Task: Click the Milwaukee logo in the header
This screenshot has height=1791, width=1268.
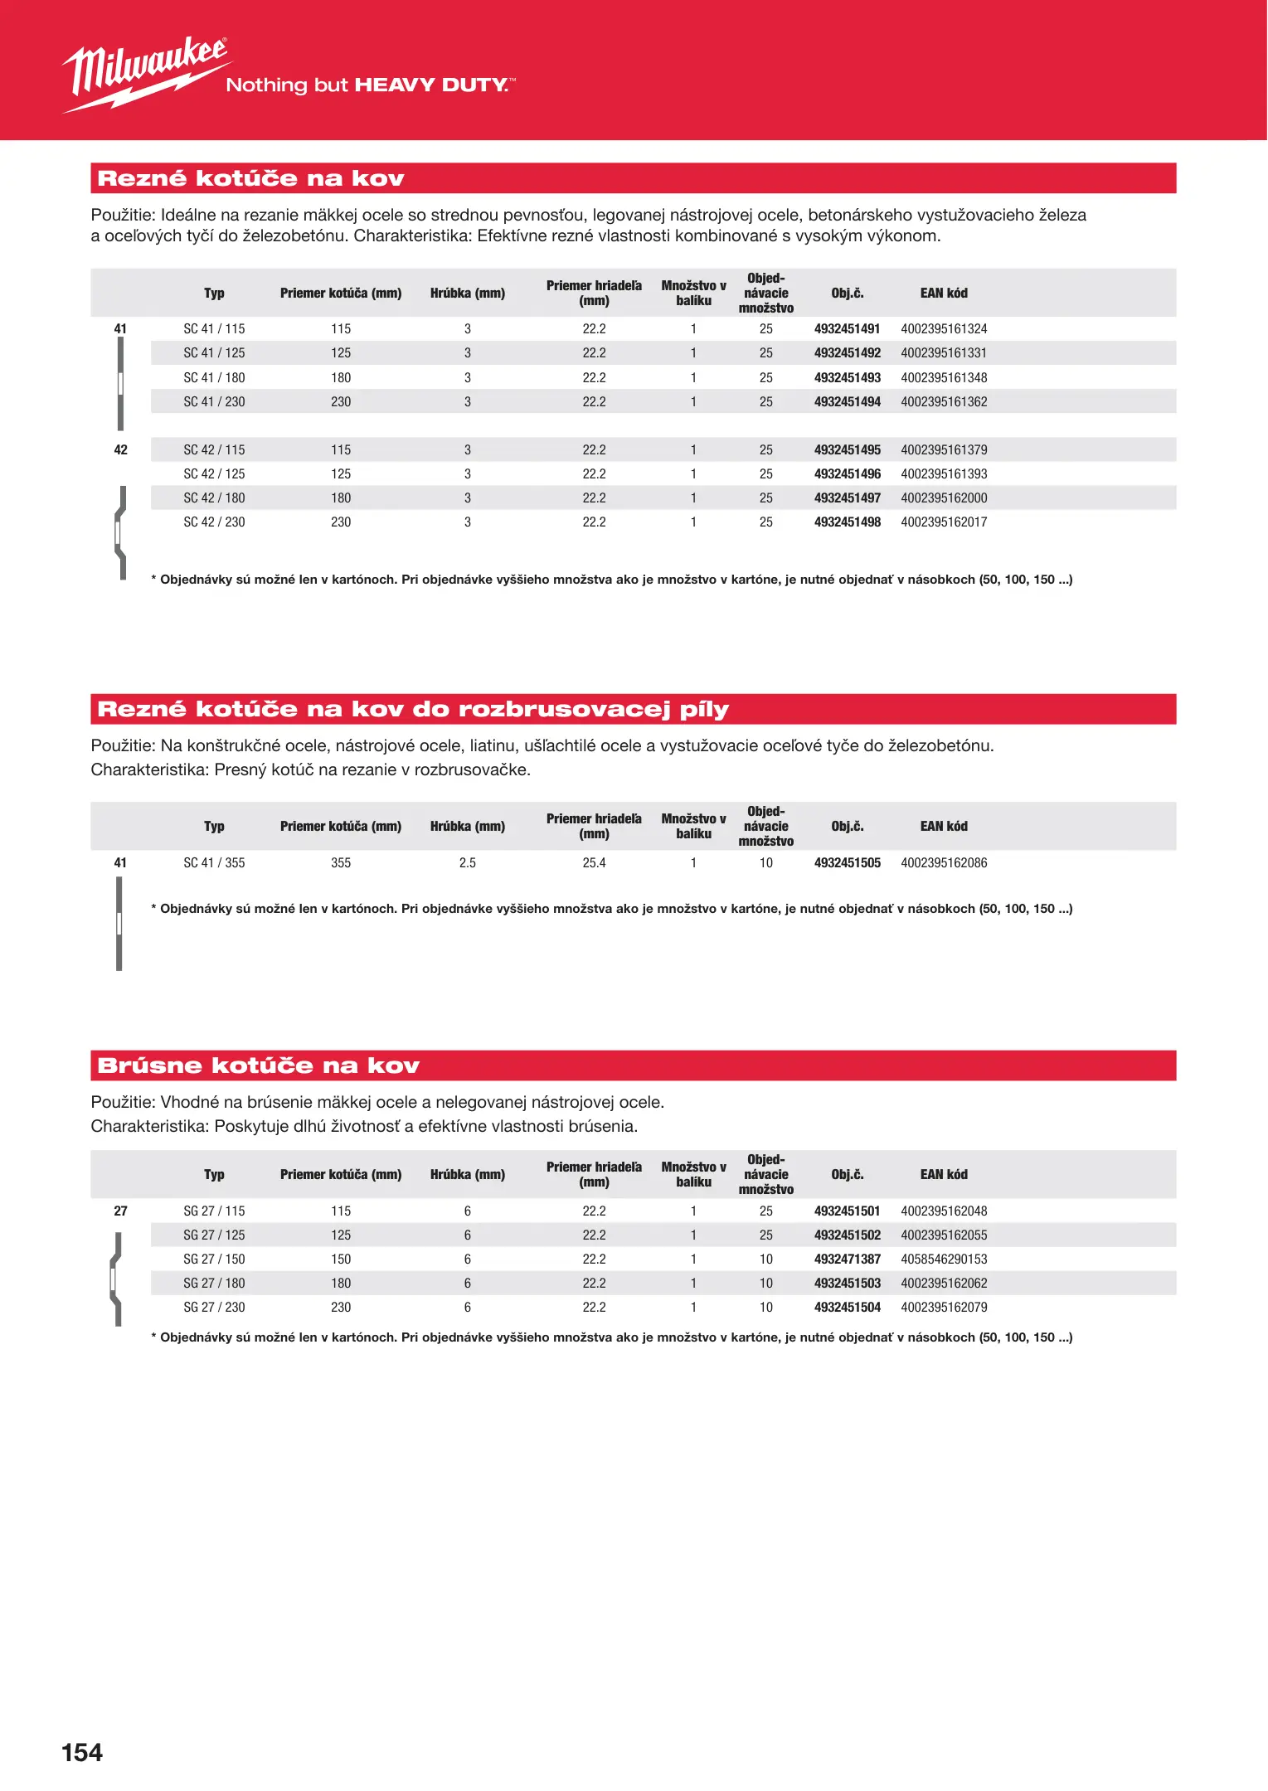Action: coord(145,73)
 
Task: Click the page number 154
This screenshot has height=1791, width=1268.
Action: coord(82,1752)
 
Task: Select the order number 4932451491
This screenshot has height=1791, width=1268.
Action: coord(847,329)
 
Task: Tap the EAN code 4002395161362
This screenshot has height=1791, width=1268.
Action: coord(944,402)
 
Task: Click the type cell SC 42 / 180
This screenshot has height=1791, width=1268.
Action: coord(214,498)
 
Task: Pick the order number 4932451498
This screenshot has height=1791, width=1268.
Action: coord(847,522)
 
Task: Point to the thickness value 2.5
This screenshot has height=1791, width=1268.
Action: coord(468,863)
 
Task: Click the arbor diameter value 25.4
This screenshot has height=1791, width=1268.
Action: coord(594,863)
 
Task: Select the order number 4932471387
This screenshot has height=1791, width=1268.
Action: coord(847,1260)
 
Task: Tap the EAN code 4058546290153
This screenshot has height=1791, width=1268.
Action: coord(944,1260)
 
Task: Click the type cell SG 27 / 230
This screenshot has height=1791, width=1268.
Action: coord(214,1308)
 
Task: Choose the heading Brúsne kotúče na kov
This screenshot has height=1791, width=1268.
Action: coord(259,1065)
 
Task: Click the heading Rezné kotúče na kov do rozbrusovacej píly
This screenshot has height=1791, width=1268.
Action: coord(413,710)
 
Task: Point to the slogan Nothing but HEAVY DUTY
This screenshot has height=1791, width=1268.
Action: coord(370,85)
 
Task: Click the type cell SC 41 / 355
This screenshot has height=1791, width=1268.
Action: coord(214,863)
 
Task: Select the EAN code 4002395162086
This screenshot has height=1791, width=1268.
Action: coord(944,863)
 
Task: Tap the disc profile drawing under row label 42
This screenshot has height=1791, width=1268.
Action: coord(121,531)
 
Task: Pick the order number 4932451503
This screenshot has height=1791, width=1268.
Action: coord(847,1284)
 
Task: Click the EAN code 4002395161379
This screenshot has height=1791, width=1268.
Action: coord(944,450)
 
